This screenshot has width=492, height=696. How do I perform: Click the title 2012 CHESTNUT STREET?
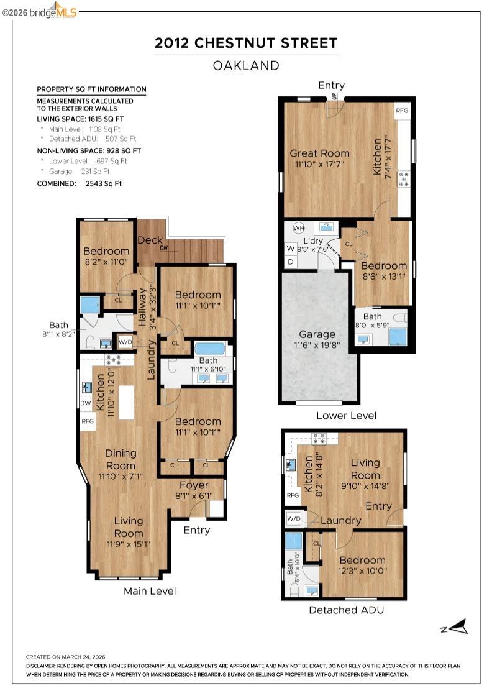click(246, 43)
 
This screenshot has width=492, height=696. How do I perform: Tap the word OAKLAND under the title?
click(246, 65)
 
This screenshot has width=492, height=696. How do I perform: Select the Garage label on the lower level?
click(317, 334)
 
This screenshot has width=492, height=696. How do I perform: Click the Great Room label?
click(319, 153)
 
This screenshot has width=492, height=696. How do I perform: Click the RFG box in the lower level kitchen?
click(402, 110)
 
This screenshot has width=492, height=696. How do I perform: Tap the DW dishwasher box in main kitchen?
click(86, 403)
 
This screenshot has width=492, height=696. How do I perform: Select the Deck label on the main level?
click(150, 240)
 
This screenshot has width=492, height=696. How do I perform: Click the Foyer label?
click(194, 485)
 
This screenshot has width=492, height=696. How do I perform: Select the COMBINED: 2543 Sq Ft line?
click(80, 183)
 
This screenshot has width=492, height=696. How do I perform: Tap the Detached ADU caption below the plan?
click(346, 610)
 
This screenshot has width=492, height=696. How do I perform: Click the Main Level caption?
click(150, 591)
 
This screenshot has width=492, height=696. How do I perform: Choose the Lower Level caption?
click(346, 416)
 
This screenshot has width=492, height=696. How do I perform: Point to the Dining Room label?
click(121, 459)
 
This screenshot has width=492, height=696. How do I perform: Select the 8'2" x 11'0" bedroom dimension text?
click(106, 262)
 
